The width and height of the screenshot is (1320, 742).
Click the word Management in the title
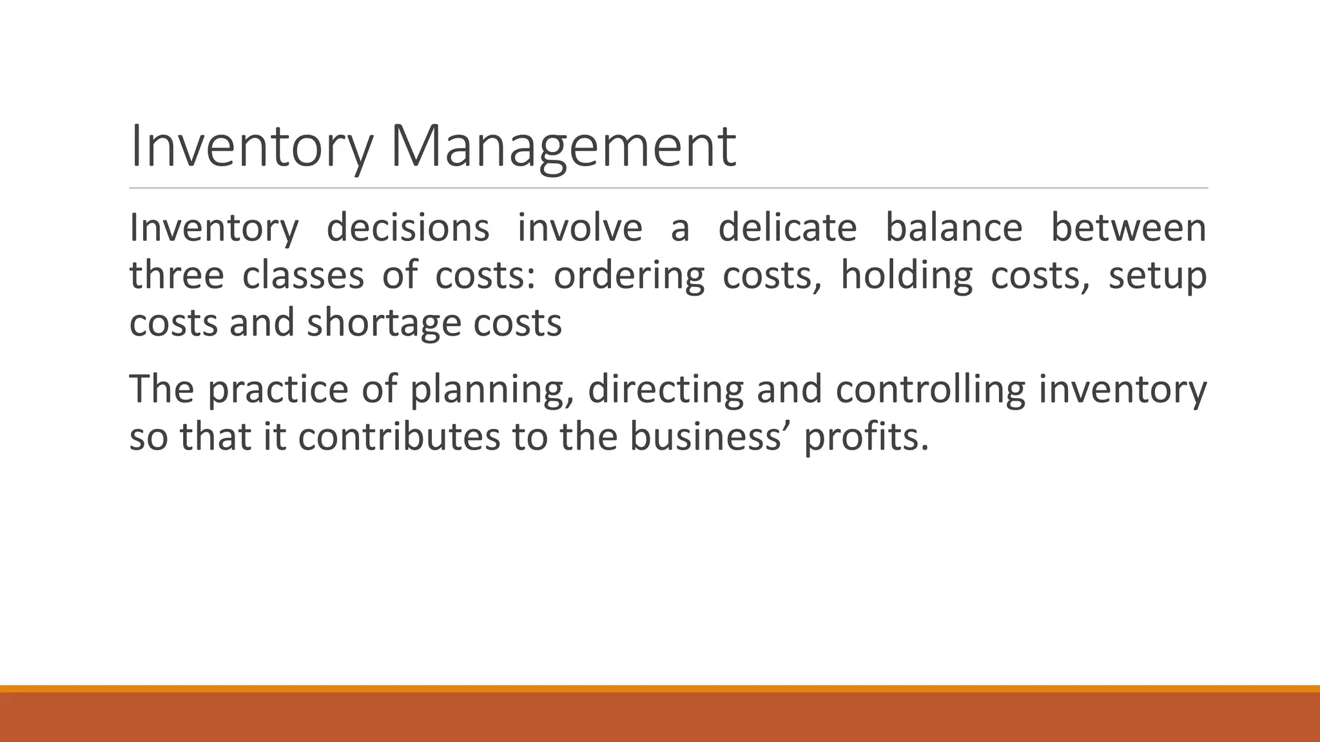tap(563, 147)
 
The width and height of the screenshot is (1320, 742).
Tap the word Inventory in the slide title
tap(251, 147)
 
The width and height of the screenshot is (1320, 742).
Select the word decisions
tap(407, 228)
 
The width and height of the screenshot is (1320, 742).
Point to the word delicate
tap(787, 228)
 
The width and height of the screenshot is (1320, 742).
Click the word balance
tap(953, 228)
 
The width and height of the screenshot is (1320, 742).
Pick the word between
tap(1129, 228)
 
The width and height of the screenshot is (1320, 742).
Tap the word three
tap(177, 276)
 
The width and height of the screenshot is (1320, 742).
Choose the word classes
tap(303, 276)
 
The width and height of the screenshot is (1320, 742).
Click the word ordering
tap(629, 276)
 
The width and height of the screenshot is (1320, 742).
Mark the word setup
tap(1157, 276)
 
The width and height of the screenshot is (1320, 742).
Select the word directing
tap(665, 389)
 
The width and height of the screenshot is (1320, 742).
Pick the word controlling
tap(930, 389)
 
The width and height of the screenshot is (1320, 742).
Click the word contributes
tap(398, 437)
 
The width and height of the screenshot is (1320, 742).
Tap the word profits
tap(866, 437)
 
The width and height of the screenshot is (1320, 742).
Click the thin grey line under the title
tap(668, 188)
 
